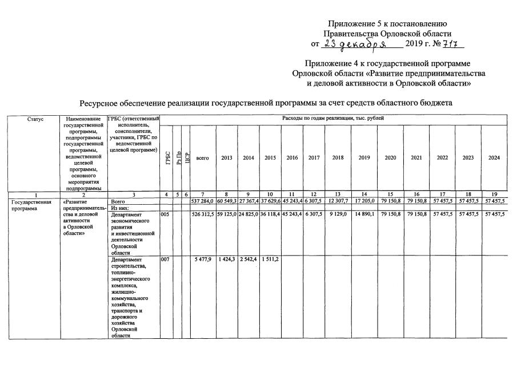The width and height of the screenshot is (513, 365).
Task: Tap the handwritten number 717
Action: tap(454, 44)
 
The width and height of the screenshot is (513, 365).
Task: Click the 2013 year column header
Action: tap(227, 158)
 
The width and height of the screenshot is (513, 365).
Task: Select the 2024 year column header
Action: tap(494, 158)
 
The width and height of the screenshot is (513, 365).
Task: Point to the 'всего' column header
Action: tap(203, 158)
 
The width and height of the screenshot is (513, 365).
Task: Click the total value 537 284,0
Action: tap(203, 202)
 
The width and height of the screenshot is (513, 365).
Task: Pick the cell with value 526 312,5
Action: tap(203, 214)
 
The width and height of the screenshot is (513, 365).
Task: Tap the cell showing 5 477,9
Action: tap(204, 260)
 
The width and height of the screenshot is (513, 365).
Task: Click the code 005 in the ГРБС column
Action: tap(165, 214)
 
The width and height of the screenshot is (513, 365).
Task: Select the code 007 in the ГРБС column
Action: tap(165, 260)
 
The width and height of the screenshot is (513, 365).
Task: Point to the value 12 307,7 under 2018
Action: tap(338, 202)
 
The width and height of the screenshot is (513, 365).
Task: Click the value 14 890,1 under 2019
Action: tap(364, 214)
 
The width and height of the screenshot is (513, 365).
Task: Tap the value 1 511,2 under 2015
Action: tap(270, 260)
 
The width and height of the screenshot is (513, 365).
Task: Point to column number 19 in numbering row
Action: tap(494, 195)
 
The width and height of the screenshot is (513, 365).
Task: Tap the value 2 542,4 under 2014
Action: tap(249, 260)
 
